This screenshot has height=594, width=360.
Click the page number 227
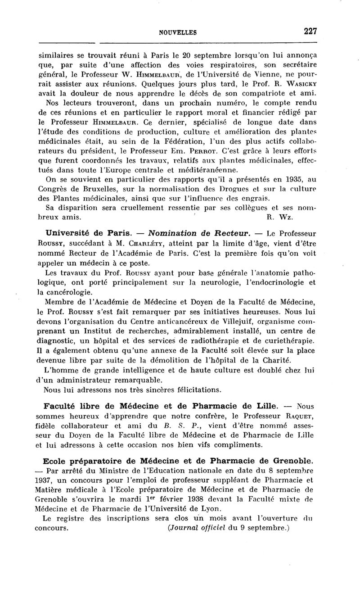click(310, 31)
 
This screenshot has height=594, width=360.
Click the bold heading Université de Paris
click(89, 233)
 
